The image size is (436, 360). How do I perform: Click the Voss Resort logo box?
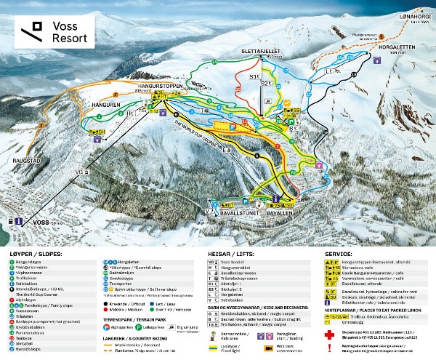click(x=53, y=32)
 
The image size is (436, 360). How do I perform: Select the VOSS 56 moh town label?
click(x=39, y=220)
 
